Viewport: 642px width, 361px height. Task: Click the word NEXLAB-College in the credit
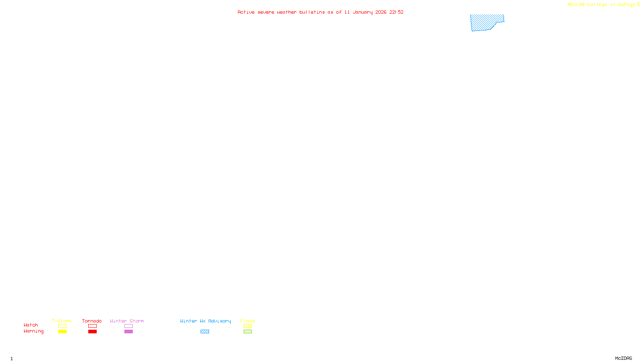587,5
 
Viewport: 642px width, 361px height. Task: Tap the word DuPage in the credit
626,5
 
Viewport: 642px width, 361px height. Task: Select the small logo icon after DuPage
638,4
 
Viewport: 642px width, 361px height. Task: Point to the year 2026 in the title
381,12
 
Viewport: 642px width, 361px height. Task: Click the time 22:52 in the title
396,12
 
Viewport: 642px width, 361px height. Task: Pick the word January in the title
362,12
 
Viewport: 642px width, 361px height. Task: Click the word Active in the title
246,12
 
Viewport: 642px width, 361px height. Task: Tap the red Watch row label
31,325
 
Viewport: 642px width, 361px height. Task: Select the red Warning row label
33,331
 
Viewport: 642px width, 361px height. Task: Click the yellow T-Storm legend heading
62,321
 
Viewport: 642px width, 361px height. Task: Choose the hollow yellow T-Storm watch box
62,326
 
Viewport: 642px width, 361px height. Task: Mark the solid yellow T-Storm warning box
62,332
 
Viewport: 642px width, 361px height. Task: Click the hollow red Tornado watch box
92,326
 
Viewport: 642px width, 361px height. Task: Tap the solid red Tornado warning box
92,332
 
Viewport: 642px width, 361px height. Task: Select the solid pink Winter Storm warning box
128,332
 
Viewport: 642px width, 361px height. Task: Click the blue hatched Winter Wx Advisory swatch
205,332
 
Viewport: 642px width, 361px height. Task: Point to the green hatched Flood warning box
248,332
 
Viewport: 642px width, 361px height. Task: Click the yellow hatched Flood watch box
248,326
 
